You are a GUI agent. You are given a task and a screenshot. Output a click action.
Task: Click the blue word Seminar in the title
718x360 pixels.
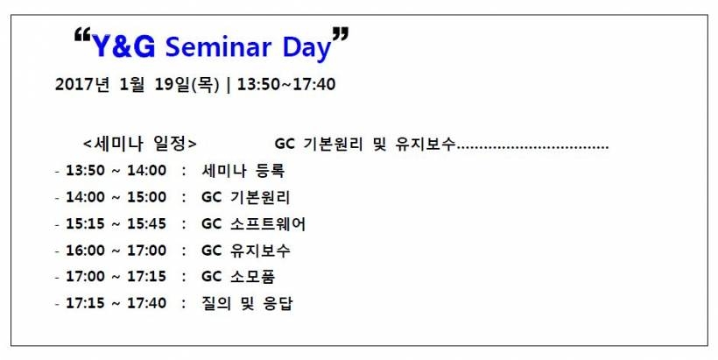click(218, 46)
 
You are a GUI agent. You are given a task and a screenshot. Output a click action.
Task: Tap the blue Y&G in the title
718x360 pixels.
click(123, 46)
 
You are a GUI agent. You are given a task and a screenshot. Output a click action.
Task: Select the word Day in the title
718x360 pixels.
click(306, 48)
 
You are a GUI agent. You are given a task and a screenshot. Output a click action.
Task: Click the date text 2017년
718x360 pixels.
click(82, 84)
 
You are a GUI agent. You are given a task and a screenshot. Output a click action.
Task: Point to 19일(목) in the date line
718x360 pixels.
click(187, 85)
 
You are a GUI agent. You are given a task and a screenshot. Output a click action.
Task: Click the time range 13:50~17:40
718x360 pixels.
click(286, 84)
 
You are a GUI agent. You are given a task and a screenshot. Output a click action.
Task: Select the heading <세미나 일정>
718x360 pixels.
click(140, 144)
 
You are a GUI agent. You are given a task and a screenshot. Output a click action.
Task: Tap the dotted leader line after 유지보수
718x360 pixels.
click(532, 147)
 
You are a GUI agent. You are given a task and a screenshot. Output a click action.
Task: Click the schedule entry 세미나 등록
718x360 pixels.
click(243, 171)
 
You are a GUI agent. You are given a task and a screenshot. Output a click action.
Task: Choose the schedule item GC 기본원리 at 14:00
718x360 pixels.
click(245, 197)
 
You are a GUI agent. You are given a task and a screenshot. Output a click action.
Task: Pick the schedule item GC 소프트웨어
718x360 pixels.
click(253, 224)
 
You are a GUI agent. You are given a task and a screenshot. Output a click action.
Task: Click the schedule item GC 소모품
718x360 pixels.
click(238, 277)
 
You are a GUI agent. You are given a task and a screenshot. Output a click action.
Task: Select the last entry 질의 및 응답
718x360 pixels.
click(247, 303)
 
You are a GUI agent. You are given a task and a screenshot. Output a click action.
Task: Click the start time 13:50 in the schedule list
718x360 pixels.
click(86, 171)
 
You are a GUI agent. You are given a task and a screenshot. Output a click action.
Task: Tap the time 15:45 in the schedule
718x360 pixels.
click(146, 224)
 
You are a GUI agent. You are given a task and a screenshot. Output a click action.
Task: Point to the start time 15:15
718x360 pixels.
click(86, 224)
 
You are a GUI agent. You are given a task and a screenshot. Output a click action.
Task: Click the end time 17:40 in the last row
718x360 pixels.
click(146, 303)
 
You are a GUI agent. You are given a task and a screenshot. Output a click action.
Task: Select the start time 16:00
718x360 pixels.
click(86, 251)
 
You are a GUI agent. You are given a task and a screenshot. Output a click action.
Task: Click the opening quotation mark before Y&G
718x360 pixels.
click(82, 35)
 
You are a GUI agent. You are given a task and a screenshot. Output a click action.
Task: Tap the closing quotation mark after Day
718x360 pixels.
click(341, 35)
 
